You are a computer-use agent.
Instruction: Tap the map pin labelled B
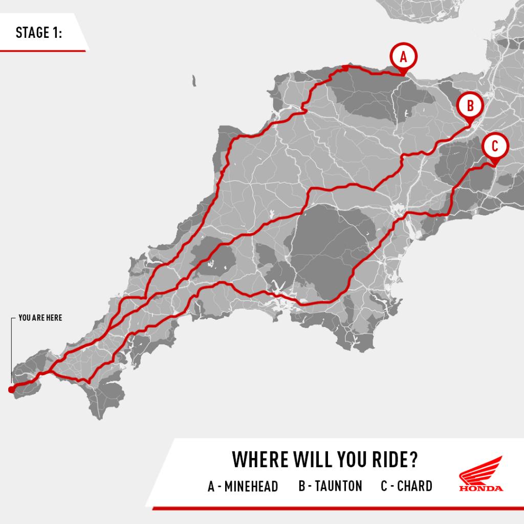(x=470, y=106)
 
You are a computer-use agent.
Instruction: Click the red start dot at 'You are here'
(x=11, y=390)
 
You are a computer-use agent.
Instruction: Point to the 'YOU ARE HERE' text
(x=40, y=318)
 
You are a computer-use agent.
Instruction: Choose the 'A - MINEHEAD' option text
(x=243, y=486)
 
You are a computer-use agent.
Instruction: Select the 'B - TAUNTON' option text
(x=330, y=486)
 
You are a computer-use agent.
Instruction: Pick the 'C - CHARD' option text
(x=406, y=486)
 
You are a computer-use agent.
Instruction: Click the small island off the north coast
(x=194, y=81)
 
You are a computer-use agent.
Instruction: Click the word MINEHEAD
(x=251, y=486)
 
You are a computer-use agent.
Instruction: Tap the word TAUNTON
(x=338, y=486)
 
